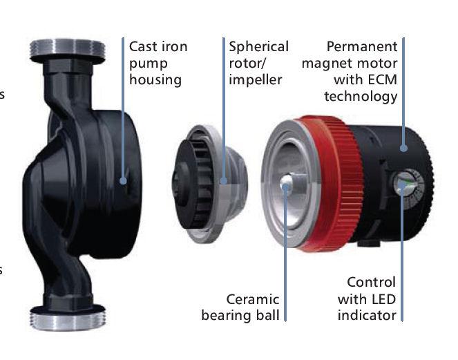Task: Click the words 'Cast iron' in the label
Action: point(158,47)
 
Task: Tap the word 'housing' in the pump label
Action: point(155,80)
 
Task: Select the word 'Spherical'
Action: point(259,47)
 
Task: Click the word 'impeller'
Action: point(256,80)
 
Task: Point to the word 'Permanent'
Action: point(362,46)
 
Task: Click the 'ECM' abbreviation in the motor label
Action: point(383,79)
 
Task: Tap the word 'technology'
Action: point(361,97)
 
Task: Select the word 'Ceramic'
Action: point(253,299)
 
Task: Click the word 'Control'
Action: point(371,283)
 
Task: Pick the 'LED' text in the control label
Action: point(383,299)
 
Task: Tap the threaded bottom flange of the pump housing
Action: point(68,317)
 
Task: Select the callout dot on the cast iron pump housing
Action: point(123,181)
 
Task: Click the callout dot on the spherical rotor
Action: point(223,181)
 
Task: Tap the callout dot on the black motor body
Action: point(403,148)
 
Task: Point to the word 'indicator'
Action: point(367,316)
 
